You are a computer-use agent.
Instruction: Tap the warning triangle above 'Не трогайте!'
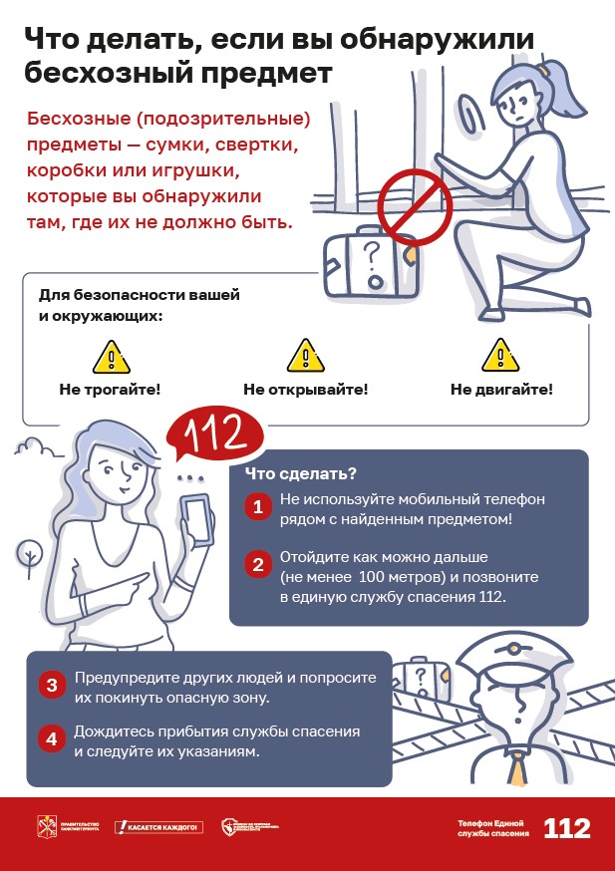pyautogui.click(x=111, y=356)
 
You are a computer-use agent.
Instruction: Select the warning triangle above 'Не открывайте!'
pyautogui.click(x=305, y=356)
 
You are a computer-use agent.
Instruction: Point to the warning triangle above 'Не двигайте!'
pyautogui.click(x=500, y=356)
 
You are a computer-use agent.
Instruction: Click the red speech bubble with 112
pyautogui.click(x=208, y=435)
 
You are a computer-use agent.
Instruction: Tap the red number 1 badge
pyautogui.click(x=257, y=507)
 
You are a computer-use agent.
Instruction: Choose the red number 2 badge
pyautogui.click(x=257, y=565)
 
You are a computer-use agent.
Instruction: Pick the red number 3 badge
pyautogui.click(x=51, y=686)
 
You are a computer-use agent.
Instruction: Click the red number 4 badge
pyautogui.click(x=51, y=739)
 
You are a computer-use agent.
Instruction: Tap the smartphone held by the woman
pyautogui.click(x=197, y=519)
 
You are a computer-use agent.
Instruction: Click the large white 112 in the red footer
pyautogui.click(x=566, y=828)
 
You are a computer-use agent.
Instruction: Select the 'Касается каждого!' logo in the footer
pyautogui.click(x=158, y=827)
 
